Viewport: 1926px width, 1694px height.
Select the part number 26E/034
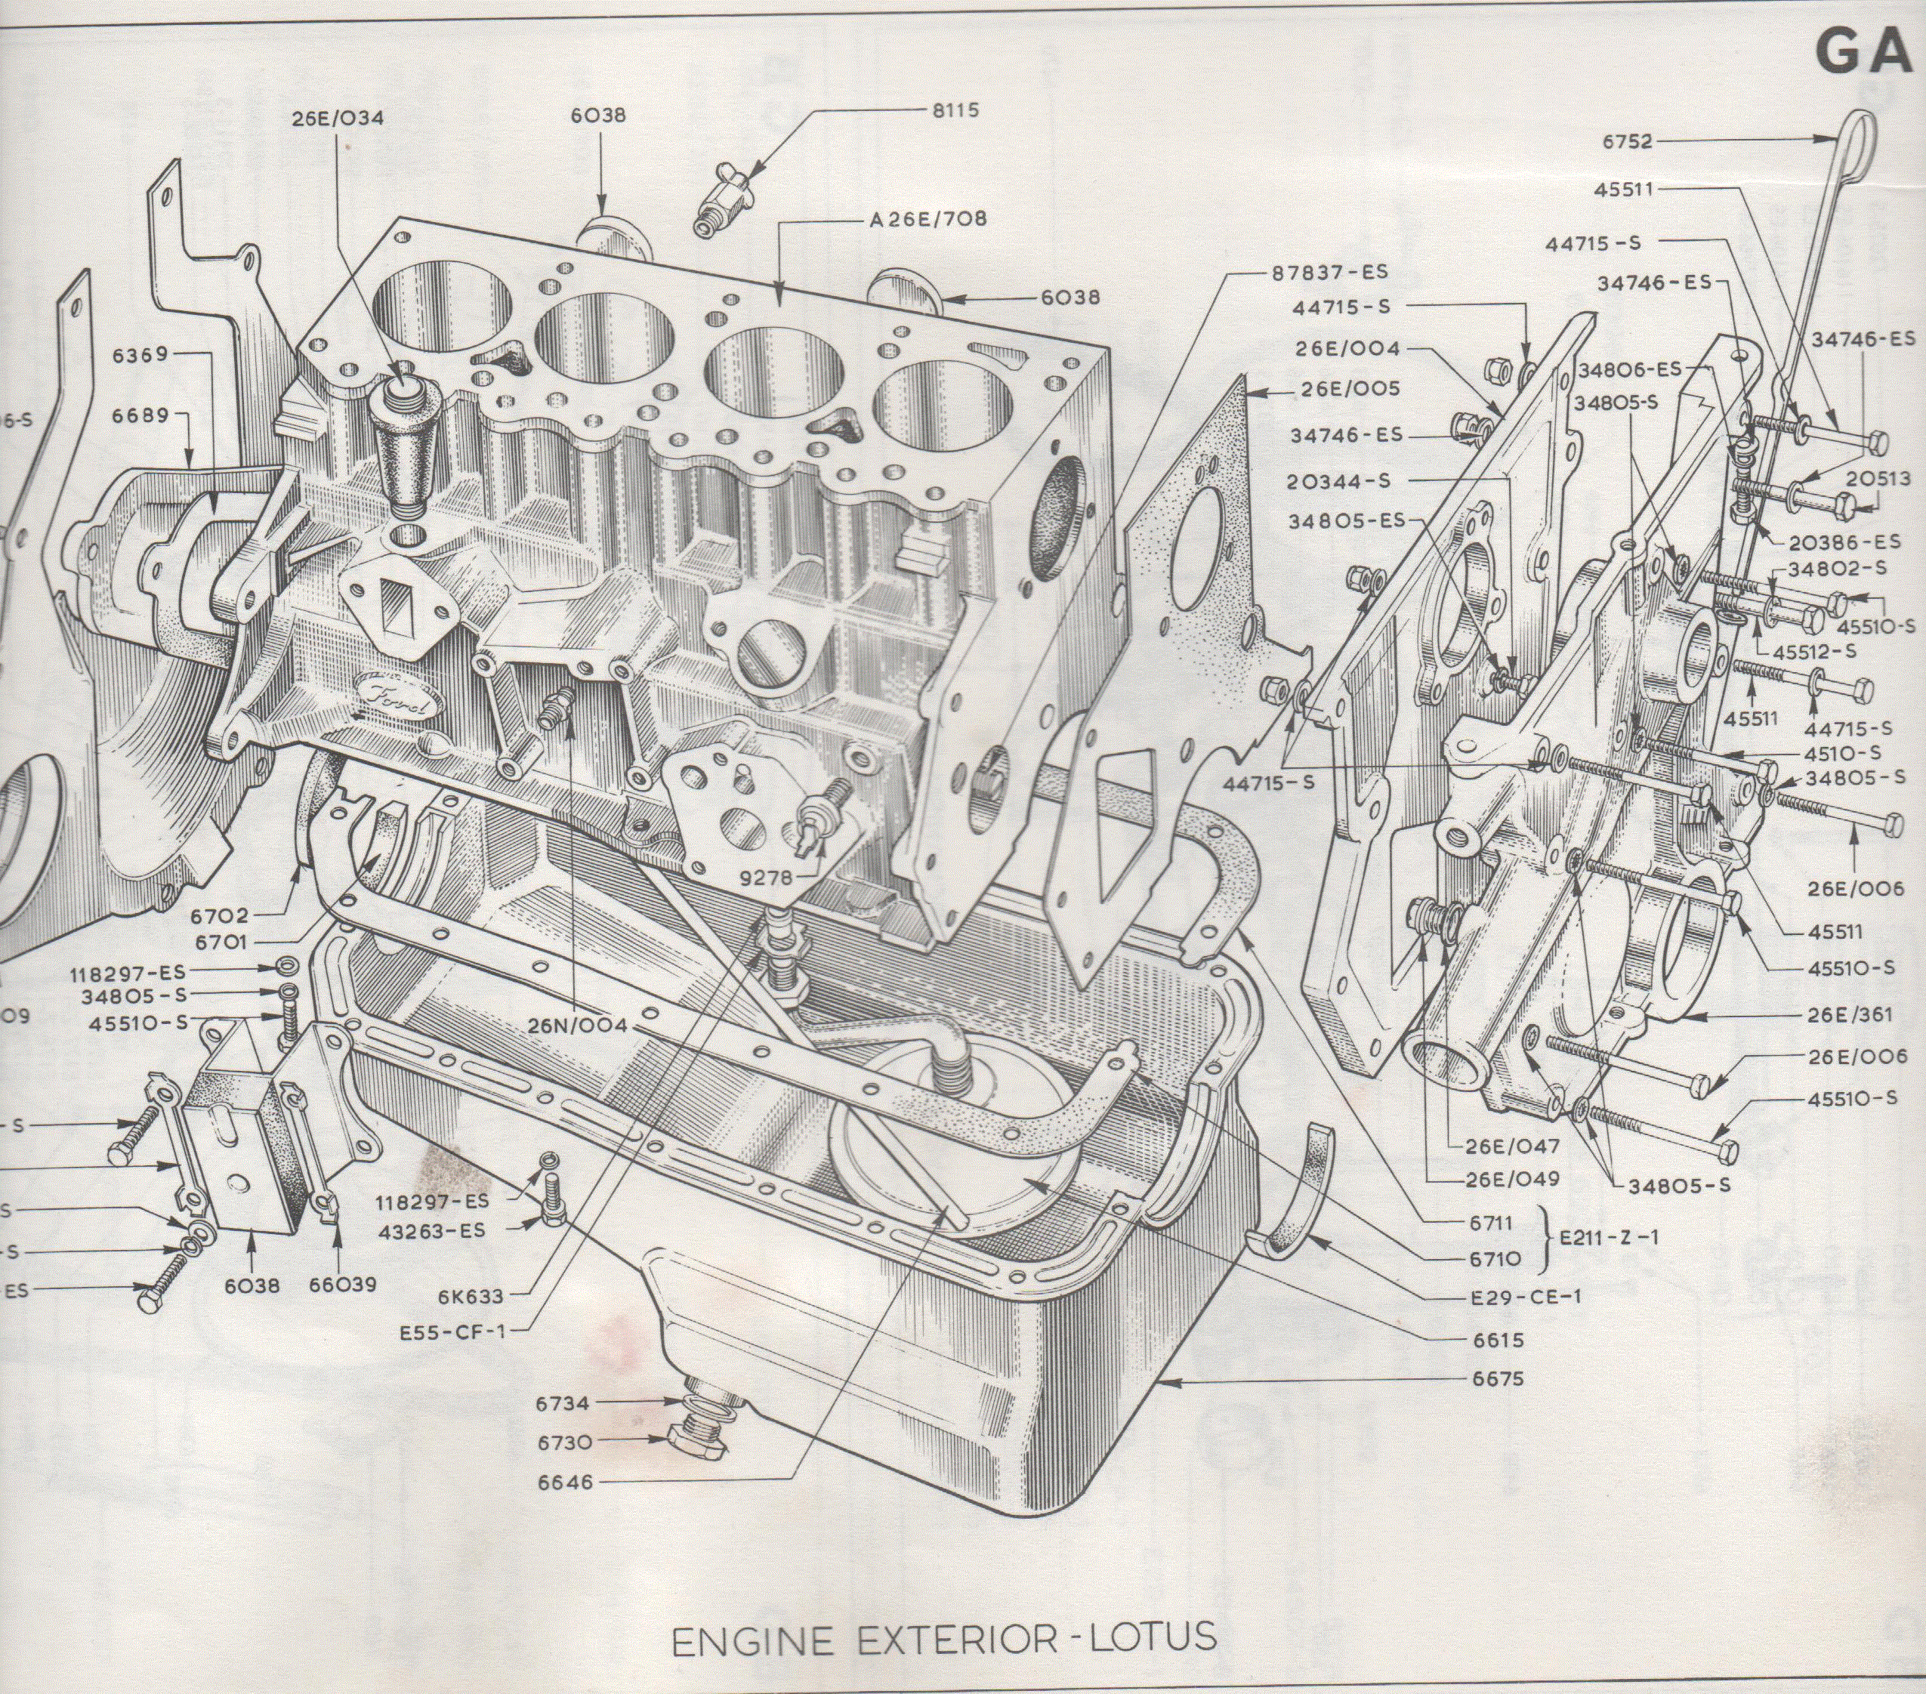338,119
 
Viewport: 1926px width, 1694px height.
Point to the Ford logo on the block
397,698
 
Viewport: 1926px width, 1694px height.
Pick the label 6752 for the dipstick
1628,142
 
